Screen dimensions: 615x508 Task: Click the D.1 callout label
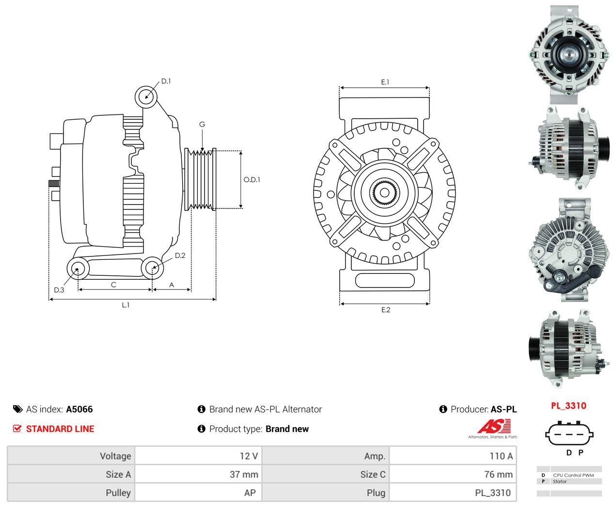166,81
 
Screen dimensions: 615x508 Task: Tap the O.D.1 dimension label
252,179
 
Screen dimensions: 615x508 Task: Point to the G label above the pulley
202,125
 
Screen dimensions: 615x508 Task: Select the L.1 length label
126,305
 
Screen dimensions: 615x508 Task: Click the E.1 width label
385,82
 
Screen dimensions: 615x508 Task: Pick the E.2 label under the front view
386,310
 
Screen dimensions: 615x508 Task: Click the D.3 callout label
59,290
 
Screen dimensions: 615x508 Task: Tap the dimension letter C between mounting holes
114,285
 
